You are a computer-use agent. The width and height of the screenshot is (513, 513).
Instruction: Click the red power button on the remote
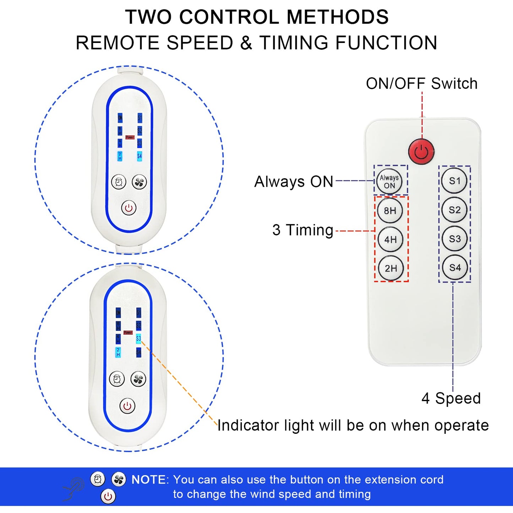tap(421, 152)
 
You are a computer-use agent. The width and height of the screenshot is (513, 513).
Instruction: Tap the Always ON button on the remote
tap(389, 181)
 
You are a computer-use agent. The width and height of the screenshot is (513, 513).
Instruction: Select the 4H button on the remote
tap(391, 240)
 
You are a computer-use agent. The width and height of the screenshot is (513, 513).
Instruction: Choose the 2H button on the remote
tap(391, 268)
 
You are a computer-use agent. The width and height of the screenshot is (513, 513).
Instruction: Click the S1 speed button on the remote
tap(454, 181)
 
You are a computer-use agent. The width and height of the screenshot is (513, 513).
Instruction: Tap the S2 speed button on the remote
tap(455, 210)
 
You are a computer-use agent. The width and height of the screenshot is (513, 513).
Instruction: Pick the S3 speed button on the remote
tap(455, 239)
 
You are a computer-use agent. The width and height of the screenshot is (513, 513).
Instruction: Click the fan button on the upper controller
tap(139, 182)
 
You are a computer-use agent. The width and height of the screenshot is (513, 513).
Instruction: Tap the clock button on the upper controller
tap(119, 182)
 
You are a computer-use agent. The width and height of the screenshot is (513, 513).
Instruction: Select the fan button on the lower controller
tap(138, 380)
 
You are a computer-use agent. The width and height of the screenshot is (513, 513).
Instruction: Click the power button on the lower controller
tap(127, 406)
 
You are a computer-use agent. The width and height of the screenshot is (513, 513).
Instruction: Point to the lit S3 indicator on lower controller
tap(138, 339)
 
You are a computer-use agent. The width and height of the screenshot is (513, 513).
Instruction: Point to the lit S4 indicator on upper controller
tap(140, 156)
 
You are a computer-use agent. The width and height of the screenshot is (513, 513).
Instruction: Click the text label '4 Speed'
tap(451, 398)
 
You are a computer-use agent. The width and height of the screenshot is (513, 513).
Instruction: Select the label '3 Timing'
tap(303, 230)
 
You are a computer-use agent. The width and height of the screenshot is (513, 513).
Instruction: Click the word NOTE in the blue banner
tap(148, 480)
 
